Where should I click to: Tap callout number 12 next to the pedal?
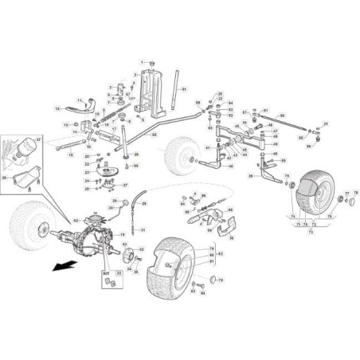(x=58, y=106)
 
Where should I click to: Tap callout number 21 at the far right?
(x=326, y=125)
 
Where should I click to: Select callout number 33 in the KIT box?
(x=119, y=273)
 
